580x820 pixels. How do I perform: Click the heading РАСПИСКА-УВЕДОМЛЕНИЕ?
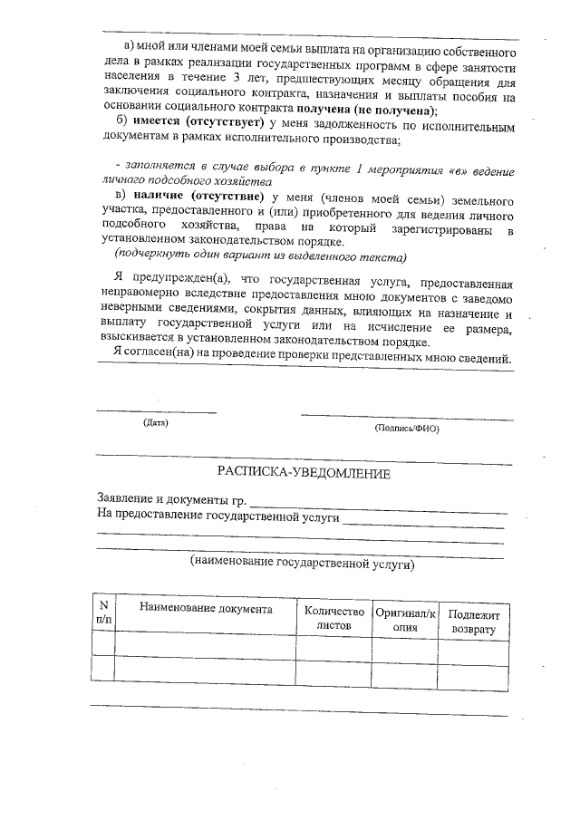point(303,474)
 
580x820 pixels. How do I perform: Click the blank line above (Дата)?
point(157,411)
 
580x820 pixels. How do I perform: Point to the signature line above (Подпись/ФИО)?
point(406,418)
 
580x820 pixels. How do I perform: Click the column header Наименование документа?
point(205,610)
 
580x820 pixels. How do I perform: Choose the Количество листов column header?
point(334,618)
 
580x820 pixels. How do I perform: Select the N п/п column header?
point(103,612)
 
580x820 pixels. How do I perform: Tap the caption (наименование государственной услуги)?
point(302,563)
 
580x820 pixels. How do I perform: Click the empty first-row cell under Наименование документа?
point(205,643)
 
